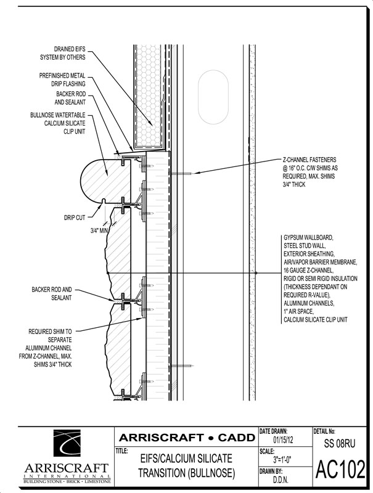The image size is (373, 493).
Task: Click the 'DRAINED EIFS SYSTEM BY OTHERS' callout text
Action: click(63, 53)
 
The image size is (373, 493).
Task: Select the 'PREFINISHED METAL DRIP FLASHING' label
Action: click(62, 79)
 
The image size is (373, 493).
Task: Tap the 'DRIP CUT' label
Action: click(75, 218)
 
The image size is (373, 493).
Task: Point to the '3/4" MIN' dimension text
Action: click(99, 230)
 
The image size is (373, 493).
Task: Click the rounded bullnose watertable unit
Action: click(105, 181)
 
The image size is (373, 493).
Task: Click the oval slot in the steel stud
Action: click(213, 97)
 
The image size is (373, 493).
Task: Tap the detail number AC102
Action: click(340, 470)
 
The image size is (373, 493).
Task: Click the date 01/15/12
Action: click(283, 439)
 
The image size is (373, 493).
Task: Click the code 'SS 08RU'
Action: click(340, 443)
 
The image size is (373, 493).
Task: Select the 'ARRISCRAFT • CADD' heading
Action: click(187, 438)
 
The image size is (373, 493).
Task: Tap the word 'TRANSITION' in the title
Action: click(162, 473)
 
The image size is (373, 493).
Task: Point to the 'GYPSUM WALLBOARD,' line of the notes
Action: click(308, 237)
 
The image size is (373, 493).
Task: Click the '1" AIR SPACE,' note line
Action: click(299, 312)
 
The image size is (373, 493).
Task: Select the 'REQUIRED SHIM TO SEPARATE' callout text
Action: click(50, 335)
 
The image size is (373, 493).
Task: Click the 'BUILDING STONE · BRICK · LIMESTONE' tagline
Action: click(67, 482)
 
